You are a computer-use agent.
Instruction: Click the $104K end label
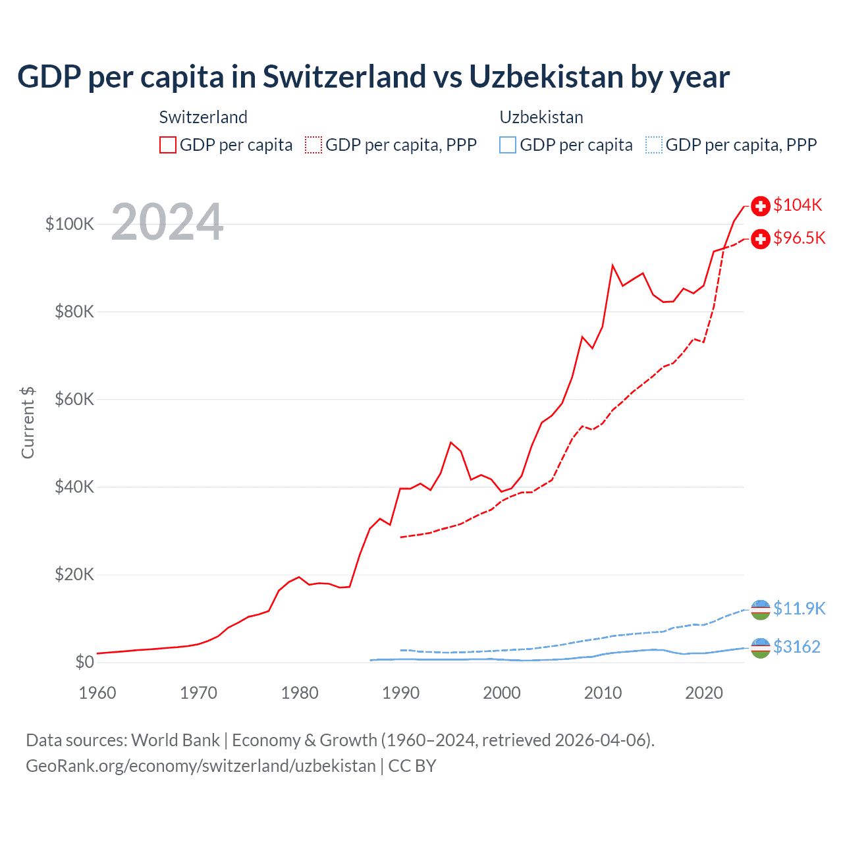[x=798, y=205]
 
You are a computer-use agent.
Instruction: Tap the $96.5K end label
[x=799, y=238]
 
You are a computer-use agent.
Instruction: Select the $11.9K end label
[x=799, y=608]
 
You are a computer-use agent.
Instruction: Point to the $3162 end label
[x=797, y=647]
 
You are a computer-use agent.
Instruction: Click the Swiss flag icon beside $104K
[x=761, y=206]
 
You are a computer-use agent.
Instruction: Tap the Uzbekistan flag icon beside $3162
[x=761, y=648]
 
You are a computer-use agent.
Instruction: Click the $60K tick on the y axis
[x=74, y=399]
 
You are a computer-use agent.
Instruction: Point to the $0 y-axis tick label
[x=84, y=662]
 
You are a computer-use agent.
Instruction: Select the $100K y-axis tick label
[x=70, y=224]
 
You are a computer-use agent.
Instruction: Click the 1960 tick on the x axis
[x=97, y=693]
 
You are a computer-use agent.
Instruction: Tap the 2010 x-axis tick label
[x=603, y=693]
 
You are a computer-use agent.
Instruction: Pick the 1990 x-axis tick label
[x=400, y=693]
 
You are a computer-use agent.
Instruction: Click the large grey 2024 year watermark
[x=167, y=222]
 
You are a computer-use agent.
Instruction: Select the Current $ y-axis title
[x=28, y=422]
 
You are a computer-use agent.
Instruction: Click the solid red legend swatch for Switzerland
[x=168, y=145]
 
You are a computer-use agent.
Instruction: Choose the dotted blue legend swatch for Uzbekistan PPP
[x=654, y=145]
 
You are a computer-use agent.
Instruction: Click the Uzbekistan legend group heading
[x=541, y=117]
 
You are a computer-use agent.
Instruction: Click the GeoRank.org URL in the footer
[x=201, y=766]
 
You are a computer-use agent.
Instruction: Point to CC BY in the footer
[x=412, y=766]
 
